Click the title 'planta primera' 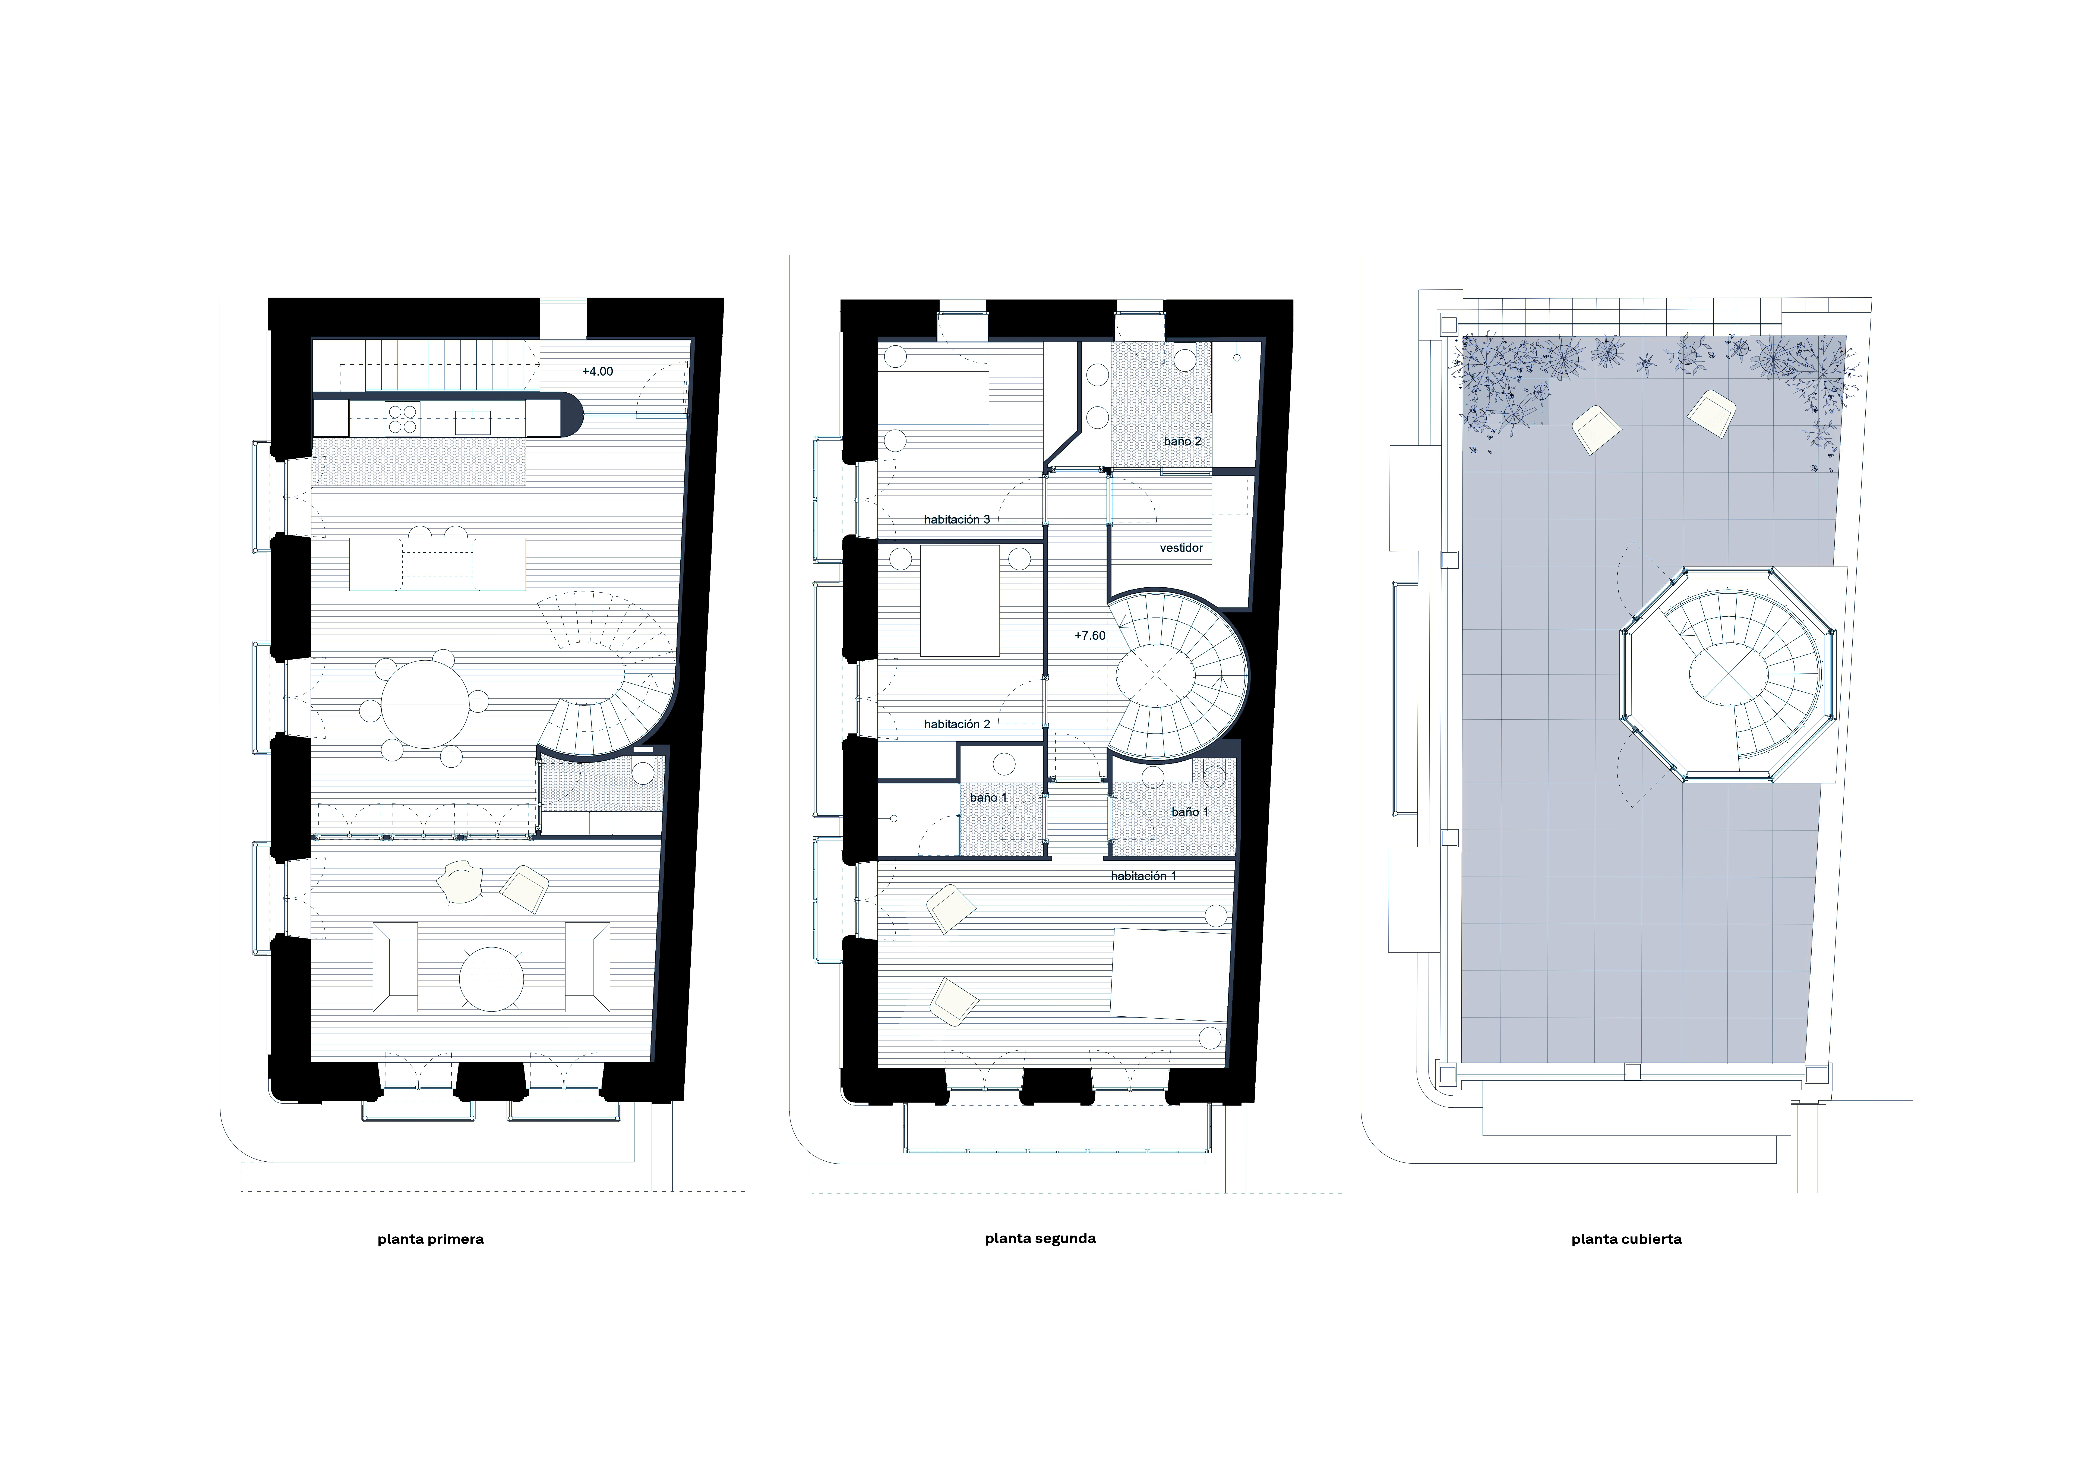pyautogui.click(x=431, y=1239)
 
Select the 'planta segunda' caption pyautogui.click(x=1040, y=1238)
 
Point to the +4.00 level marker pyautogui.click(x=598, y=371)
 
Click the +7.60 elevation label pyautogui.click(x=1090, y=636)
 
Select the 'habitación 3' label pyautogui.click(x=957, y=520)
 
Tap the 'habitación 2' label pyautogui.click(x=957, y=724)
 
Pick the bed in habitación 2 pyautogui.click(x=960, y=600)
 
